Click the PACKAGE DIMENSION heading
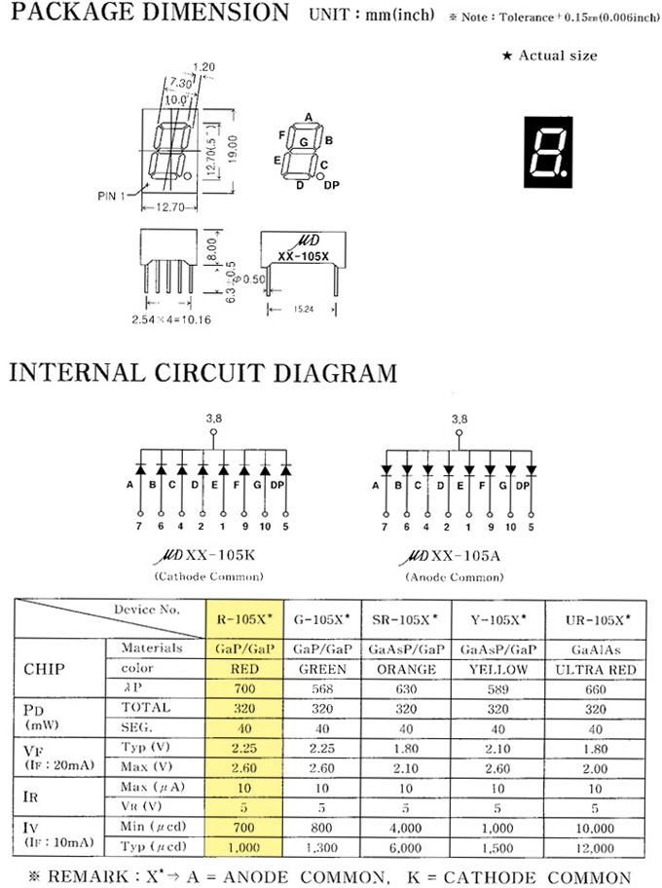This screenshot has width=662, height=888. (149, 14)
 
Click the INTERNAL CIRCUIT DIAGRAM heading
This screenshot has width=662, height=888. (202, 372)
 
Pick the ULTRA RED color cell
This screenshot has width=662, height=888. (597, 670)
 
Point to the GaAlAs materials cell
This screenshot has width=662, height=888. (597, 647)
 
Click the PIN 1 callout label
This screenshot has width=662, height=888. (113, 196)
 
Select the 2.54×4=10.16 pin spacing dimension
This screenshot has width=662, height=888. (166, 317)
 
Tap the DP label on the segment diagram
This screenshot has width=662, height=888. (332, 184)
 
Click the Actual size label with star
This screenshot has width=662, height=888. (549, 55)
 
